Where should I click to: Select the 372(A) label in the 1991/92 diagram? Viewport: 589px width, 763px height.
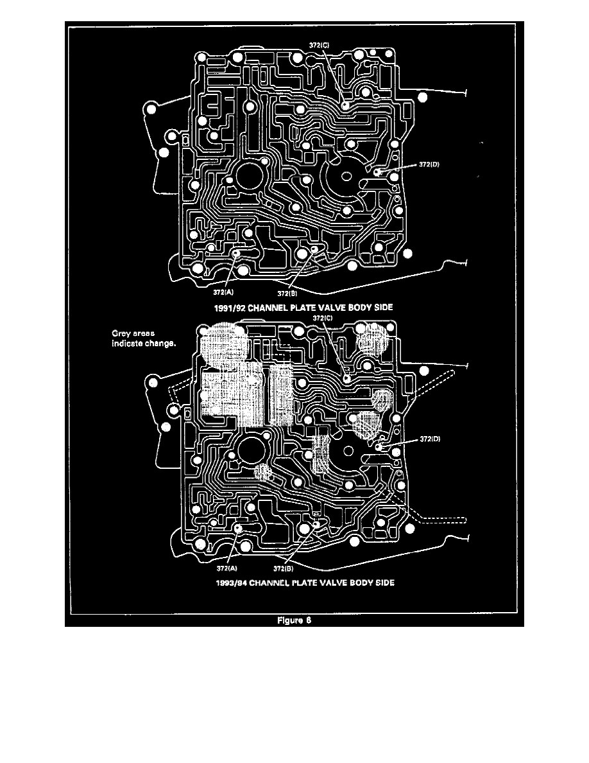225,291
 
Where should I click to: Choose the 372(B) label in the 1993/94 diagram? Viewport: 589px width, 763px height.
282,568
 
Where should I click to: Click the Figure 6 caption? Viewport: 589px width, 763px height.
294,620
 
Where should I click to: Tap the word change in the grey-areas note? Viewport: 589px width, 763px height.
160,344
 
